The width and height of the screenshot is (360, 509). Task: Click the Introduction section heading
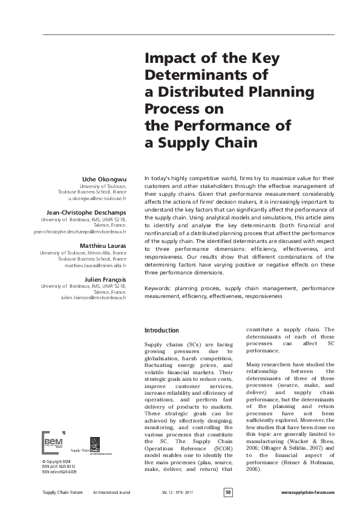[x=162, y=330]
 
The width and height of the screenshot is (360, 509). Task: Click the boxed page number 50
[x=228, y=493]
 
